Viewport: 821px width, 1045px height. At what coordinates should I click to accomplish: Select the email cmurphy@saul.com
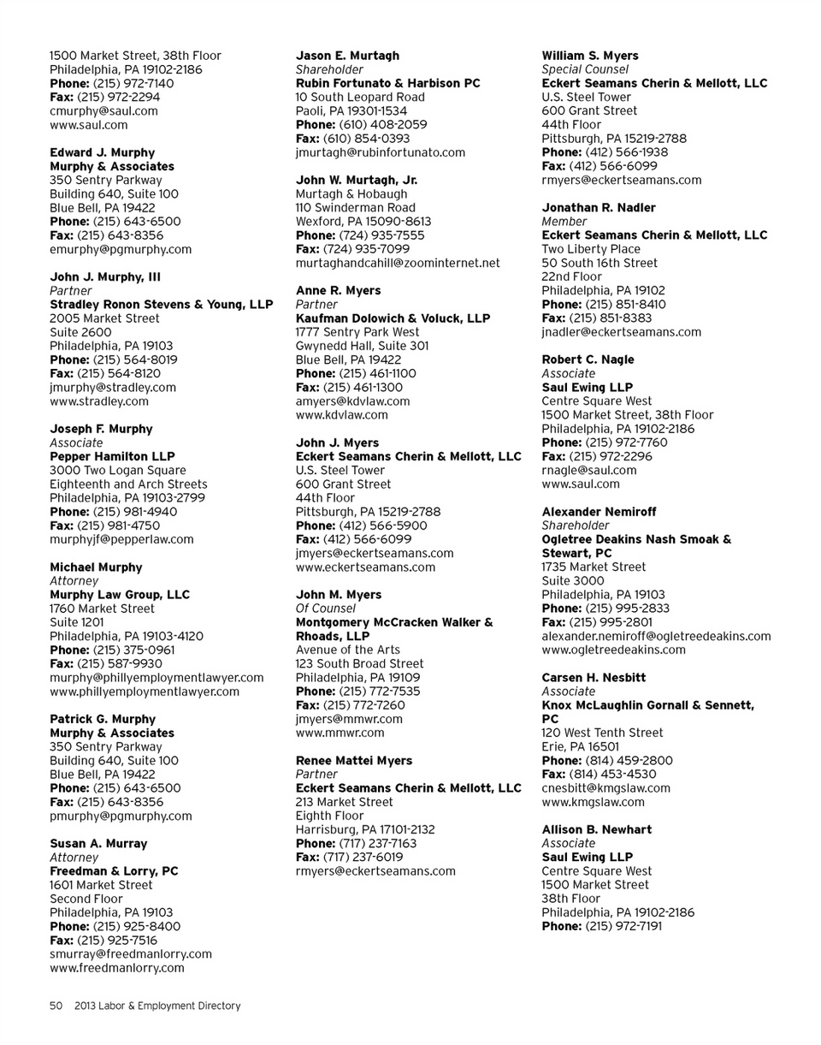[103, 110]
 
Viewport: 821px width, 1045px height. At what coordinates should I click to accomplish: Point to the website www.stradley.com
[99, 401]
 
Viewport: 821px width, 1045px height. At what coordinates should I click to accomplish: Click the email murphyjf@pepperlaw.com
[121, 539]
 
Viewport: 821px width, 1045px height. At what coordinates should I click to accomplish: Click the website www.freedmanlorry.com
[117, 968]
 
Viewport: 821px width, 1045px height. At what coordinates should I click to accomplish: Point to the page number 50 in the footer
[56, 1006]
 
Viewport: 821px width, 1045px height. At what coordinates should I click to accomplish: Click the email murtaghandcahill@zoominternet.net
[398, 263]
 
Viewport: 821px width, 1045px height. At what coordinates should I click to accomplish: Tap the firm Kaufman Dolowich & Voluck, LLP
[393, 318]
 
